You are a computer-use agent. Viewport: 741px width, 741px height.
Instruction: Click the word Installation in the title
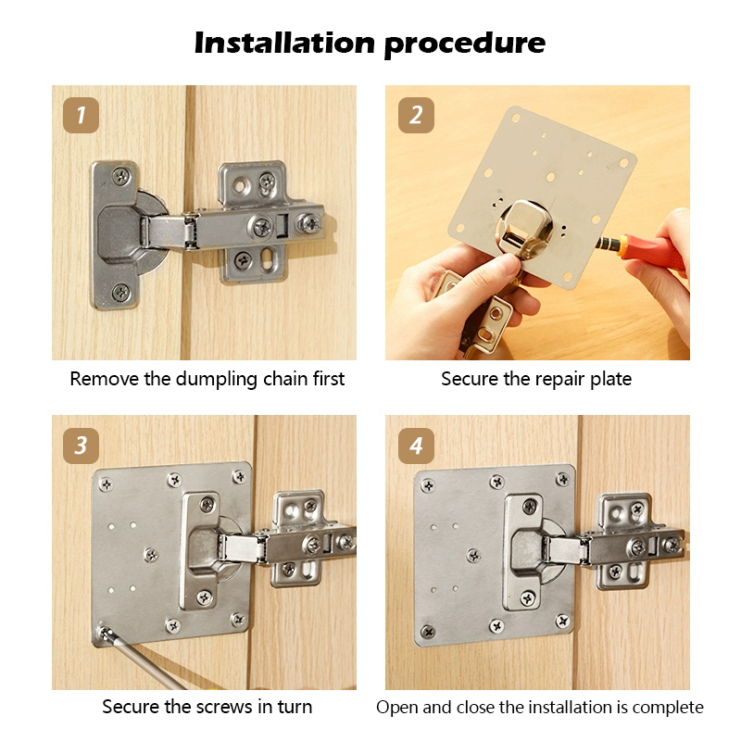tap(285, 43)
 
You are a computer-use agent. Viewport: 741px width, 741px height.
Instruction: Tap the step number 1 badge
tap(81, 115)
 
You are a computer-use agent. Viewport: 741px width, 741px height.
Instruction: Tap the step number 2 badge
tap(416, 115)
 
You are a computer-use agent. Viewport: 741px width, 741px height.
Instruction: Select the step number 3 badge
tap(81, 446)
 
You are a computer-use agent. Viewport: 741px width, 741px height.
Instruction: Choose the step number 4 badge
tap(416, 446)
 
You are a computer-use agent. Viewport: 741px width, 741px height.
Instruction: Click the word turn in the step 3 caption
tap(295, 707)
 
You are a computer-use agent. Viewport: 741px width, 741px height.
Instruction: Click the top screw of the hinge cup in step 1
tap(121, 177)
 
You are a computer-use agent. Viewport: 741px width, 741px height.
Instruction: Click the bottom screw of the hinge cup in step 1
tap(121, 293)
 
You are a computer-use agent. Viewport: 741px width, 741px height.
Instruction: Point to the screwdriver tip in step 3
tap(105, 633)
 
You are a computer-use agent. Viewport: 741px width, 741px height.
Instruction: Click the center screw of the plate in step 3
tap(151, 554)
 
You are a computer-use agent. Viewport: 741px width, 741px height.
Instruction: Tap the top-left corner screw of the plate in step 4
tap(428, 485)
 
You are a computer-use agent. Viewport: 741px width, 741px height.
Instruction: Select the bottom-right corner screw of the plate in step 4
tap(562, 621)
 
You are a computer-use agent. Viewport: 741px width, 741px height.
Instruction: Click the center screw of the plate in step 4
tap(473, 555)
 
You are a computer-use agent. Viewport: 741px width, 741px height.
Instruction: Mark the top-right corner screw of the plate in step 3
tap(239, 476)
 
